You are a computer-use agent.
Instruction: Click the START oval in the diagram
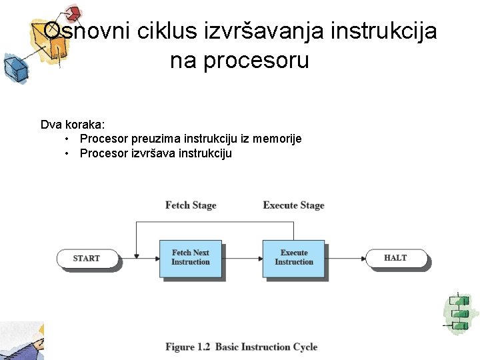point(87,259)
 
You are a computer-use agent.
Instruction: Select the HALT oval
point(395,258)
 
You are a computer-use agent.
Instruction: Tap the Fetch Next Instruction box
point(191,258)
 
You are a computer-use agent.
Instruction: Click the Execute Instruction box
point(293,258)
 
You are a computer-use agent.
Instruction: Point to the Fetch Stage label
point(191,205)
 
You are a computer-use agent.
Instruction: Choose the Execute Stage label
point(293,205)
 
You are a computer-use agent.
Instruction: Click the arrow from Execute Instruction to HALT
point(345,258)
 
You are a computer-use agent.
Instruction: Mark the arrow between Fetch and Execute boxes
point(241,258)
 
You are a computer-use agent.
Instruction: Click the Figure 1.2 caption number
point(188,347)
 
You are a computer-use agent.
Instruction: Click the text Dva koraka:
point(72,125)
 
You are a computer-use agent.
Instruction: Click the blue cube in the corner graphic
point(13,67)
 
